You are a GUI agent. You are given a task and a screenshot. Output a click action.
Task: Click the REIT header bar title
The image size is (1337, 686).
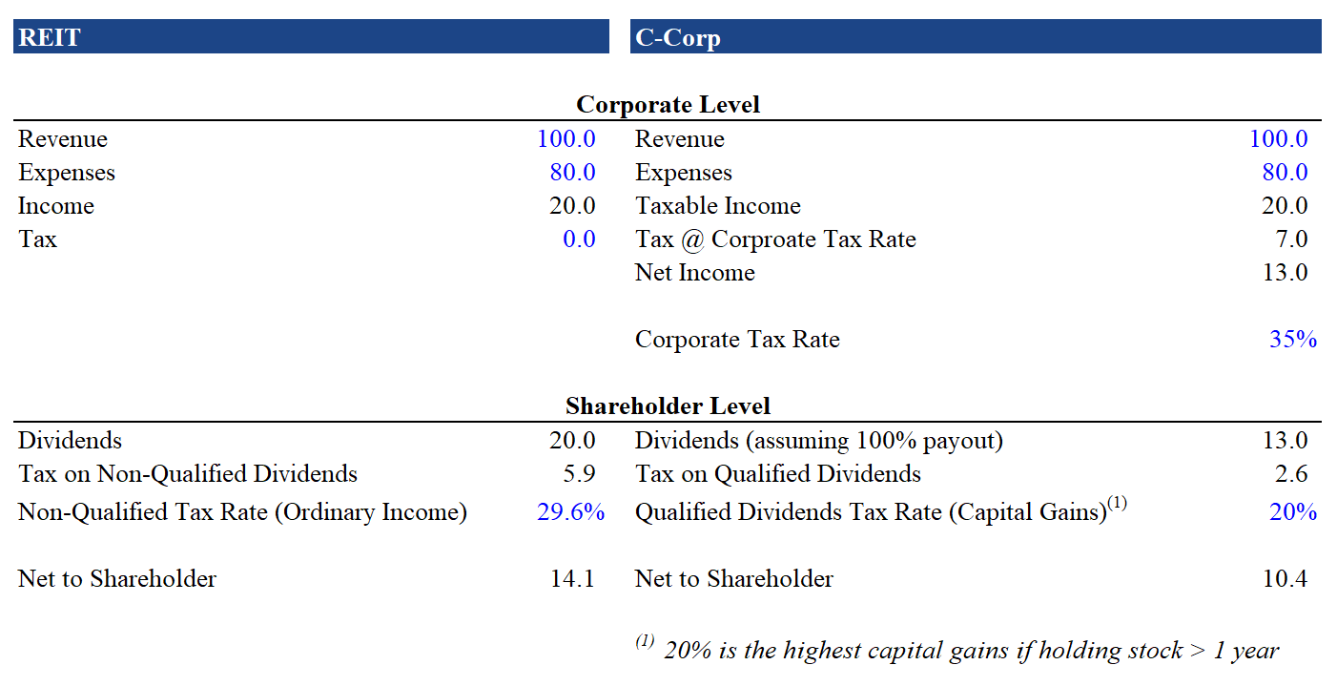click(x=50, y=37)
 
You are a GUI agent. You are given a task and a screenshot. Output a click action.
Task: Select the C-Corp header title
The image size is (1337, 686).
click(x=677, y=38)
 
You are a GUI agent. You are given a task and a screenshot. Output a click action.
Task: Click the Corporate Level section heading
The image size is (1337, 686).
click(x=668, y=104)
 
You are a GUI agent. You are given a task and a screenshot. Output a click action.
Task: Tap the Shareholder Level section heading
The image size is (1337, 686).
click(x=668, y=405)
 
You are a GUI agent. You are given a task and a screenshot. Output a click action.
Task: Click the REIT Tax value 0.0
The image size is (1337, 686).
click(x=579, y=239)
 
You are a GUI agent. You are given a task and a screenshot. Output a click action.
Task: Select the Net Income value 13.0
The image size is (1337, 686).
click(x=1285, y=272)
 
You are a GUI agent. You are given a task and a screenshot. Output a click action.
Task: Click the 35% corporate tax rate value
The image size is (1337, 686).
click(x=1292, y=339)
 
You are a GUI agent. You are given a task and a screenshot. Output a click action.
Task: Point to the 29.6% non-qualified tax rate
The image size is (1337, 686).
click(x=570, y=512)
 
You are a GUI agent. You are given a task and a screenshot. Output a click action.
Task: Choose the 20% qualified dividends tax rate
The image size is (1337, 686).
click(x=1292, y=512)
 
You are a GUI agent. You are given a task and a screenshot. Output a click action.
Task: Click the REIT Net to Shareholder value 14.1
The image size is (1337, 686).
click(x=572, y=578)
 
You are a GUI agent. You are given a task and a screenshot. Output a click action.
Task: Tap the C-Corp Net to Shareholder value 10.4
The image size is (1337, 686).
click(x=1285, y=578)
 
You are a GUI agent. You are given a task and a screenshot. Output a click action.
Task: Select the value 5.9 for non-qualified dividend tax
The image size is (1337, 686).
click(x=579, y=473)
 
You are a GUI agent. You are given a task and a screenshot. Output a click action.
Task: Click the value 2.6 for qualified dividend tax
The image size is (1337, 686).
click(x=1290, y=473)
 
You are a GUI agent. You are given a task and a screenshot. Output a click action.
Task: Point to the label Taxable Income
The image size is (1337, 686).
click(x=717, y=205)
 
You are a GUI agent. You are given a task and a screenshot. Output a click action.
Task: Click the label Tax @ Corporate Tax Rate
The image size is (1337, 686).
click(x=775, y=239)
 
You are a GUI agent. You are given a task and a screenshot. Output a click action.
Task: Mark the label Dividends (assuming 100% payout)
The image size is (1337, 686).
click(x=818, y=440)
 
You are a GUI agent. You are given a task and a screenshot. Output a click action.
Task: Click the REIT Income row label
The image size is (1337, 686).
click(x=56, y=205)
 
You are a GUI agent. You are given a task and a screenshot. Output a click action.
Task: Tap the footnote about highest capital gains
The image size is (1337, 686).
click(x=970, y=650)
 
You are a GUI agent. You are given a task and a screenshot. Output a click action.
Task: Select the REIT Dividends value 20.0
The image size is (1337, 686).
click(x=572, y=440)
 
